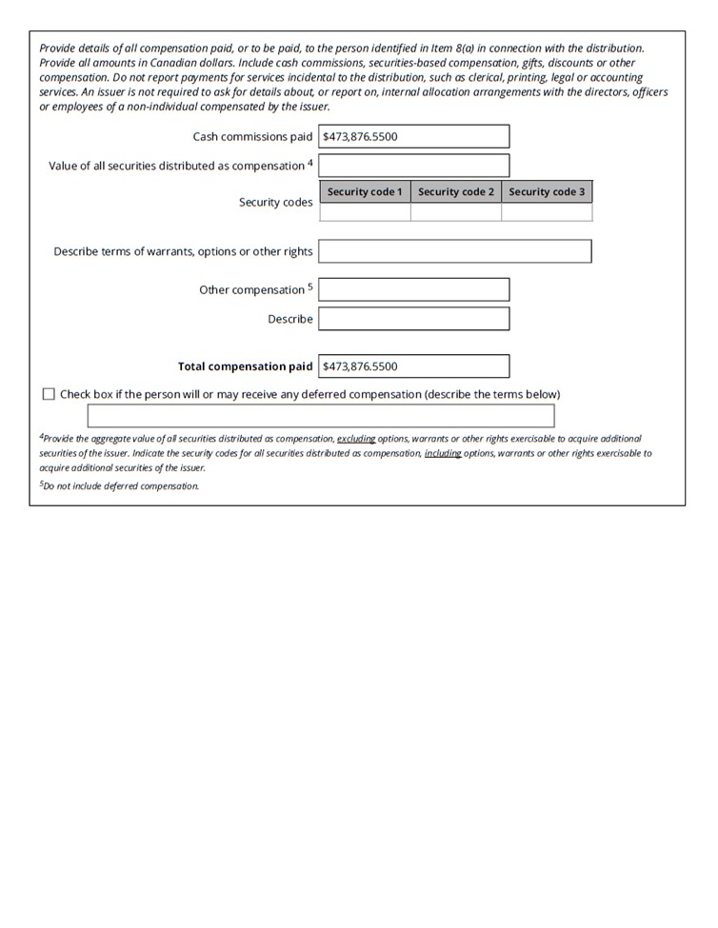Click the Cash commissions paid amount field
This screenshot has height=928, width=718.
(413, 136)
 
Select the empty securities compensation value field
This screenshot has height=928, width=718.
(413, 165)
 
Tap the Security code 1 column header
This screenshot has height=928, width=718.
(365, 192)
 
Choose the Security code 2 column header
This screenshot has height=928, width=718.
(456, 192)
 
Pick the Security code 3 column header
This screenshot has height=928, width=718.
(547, 192)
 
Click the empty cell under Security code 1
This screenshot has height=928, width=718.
(365, 212)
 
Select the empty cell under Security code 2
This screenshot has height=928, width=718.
(456, 212)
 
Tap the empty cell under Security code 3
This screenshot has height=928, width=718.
(547, 212)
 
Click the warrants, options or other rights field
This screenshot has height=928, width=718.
(454, 251)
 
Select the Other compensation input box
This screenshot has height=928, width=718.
(413, 289)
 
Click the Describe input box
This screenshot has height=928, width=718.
(413, 319)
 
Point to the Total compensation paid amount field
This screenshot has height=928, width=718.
(413, 366)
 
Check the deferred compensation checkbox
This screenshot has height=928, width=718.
(49, 394)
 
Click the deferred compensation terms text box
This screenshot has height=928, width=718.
(321, 416)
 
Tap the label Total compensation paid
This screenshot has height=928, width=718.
(245, 366)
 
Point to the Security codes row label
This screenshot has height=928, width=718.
(275, 203)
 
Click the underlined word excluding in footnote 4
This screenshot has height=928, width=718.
(357, 439)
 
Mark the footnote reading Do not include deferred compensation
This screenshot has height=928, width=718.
(120, 485)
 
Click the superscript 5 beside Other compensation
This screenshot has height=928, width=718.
(309, 286)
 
